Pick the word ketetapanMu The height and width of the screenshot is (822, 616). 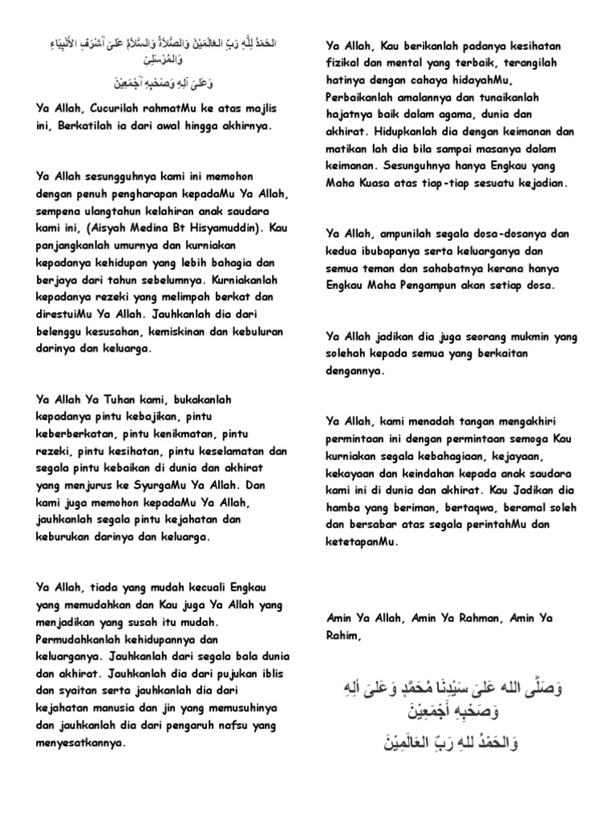pos(361,542)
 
